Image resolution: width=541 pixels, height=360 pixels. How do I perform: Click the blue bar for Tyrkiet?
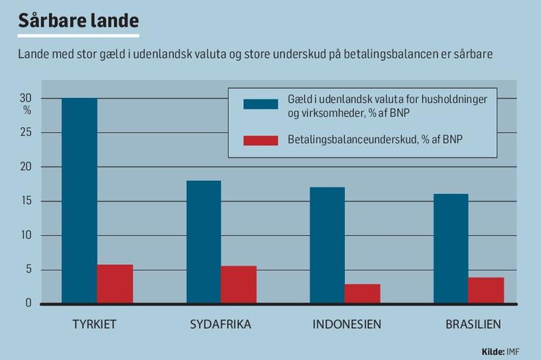point(79,201)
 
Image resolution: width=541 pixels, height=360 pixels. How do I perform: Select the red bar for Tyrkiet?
point(115,284)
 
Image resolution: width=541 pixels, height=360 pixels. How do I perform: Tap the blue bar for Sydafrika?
point(203,242)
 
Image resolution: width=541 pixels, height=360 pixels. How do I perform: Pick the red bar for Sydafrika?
point(239,285)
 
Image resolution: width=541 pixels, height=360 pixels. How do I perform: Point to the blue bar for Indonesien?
point(327,245)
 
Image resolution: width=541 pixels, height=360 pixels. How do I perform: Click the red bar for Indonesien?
point(362,294)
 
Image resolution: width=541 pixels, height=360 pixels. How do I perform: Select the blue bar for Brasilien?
point(451,248)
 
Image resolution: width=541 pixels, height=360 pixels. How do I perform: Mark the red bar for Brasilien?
point(486,290)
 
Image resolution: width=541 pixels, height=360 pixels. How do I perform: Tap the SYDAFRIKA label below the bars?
point(221,323)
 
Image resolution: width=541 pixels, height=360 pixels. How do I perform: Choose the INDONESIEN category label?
point(347,323)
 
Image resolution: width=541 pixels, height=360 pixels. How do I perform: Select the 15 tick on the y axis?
point(27,201)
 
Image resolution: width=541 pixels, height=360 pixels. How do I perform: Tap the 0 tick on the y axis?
point(30,303)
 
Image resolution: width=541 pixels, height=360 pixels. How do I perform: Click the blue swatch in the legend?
point(260,104)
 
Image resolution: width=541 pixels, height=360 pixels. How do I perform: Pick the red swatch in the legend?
point(260,140)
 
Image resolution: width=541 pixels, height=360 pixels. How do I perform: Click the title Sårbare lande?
point(78,20)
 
